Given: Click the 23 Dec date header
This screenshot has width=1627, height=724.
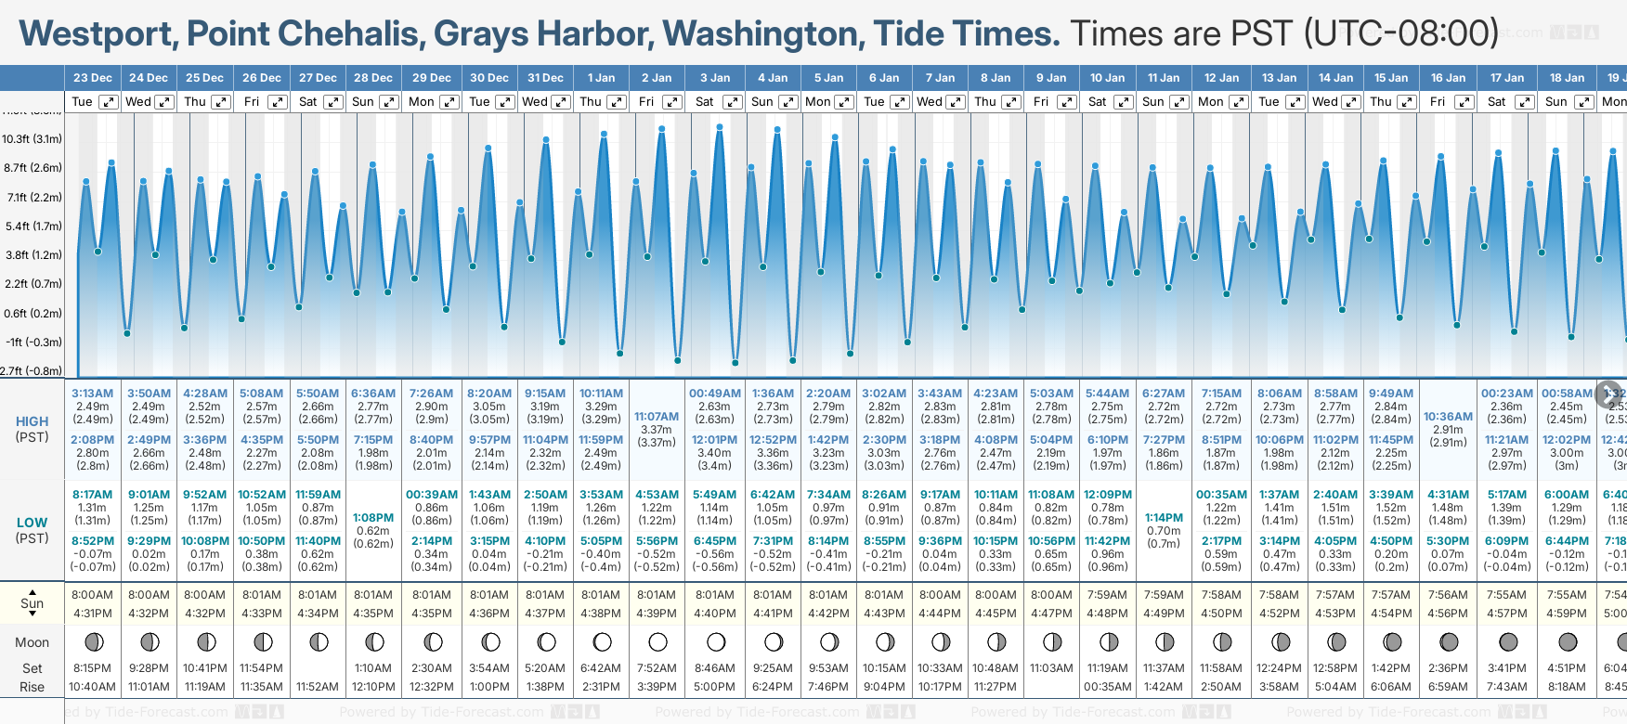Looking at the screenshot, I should pyautogui.click(x=92, y=78).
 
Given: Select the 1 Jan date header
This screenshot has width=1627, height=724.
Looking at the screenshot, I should pyautogui.click(x=601, y=78).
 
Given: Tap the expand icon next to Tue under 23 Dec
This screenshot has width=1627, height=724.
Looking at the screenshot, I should pyautogui.click(x=109, y=102).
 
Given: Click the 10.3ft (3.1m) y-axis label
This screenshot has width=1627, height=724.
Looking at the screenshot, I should pyautogui.click(x=33, y=139).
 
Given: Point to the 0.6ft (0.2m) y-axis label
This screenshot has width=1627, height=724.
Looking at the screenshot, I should pyautogui.click(x=33, y=314).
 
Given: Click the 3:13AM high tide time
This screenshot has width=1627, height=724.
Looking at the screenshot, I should pyautogui.click(x=92, y=394).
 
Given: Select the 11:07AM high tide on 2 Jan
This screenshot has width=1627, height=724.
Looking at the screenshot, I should pyautogui.click(x=657, y=417).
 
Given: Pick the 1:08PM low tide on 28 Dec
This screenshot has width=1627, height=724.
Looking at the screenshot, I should pyautogui.click(x=373, y=518).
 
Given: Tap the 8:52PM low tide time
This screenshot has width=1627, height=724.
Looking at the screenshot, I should pyautogui.click(x=92, y=541).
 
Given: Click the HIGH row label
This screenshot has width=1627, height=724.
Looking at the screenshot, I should pyautogui.click(x=33, y=421).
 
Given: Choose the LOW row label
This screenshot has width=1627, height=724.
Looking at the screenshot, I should pyautogui.click(x=33, y=523).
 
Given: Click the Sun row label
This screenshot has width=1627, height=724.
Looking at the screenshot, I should pyautogui.click(x=33, y=603).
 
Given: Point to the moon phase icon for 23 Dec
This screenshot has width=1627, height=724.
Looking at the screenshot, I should pyautogui.click(x=93, y=641).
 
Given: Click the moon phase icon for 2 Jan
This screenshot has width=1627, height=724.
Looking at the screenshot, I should pyautogui.click(x=657, y=641).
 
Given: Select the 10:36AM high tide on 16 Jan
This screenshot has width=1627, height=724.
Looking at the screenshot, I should pyautogui.click(x=1448, y=417).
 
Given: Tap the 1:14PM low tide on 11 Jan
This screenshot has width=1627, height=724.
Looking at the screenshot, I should pyautogui.click(x=1164, y=518).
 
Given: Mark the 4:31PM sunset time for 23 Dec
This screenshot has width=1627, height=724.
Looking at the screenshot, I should pyautogui.click(x=92, y=614).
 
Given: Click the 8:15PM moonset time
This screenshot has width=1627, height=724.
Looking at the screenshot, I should pyautogui.click(x=92, y=668).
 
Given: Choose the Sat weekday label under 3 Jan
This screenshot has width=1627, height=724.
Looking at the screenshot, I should pyautogui.click(x=705, y=102).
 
